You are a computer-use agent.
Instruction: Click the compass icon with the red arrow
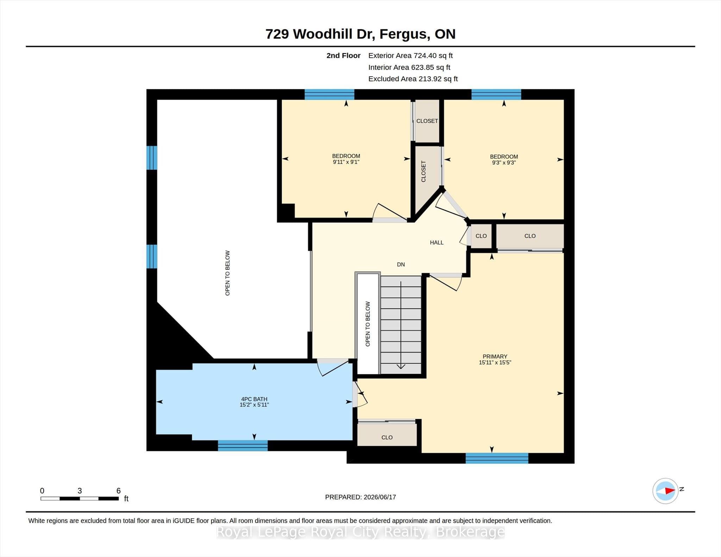click(x=665, y=490)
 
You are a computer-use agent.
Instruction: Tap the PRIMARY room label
click(x=495, y=356)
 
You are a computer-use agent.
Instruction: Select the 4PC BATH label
click(x=254, y=399)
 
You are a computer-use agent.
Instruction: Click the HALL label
click(x=437, y=242)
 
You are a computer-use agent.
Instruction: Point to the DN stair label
click(x=401, y=264)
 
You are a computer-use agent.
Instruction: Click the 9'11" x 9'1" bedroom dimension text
click(x=346, y=162)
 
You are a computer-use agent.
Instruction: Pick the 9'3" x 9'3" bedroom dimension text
click(x=504, y=163)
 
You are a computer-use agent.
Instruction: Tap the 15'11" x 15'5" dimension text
click(x=495, y=362)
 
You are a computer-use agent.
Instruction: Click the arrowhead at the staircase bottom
click(x=401, y=367)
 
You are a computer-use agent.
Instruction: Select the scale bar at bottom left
click(x=80, y=498)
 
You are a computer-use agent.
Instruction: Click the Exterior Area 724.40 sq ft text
click(x=410, y=56)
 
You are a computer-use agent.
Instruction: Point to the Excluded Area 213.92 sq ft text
click(x=413, y=79)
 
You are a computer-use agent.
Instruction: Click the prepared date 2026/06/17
click(x=380, y=497)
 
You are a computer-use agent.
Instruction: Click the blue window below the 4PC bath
click(x=243, y=445)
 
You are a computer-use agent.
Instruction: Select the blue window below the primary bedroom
click(x=497, y=458)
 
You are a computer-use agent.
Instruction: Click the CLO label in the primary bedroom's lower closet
click(x=387, y=437)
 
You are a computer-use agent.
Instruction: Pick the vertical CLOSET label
click(x=424, y=171)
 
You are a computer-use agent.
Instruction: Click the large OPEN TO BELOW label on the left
click(x=227, y=273)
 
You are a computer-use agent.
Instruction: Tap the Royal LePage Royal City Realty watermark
click(x=360, y=532)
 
